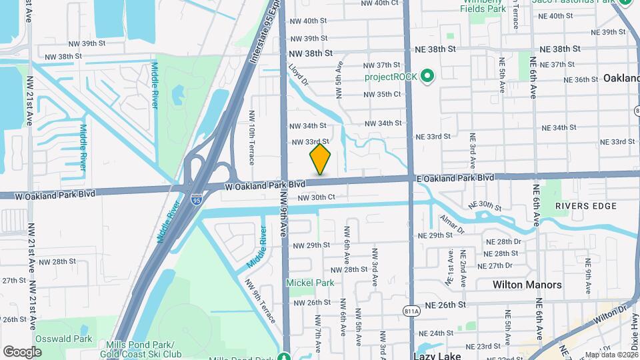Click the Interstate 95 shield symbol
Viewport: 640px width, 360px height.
pos(196,198)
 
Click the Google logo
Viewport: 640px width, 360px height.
pos(22,351)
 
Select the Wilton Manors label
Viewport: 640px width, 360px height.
pos(527,285)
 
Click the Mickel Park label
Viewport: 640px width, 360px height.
pos(310,283)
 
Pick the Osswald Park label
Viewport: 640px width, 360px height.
pos(65,339)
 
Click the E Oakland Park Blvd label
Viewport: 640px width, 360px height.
pos(455,179)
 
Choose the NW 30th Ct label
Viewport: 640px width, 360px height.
pos(316,197)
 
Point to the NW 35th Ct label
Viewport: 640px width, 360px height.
pos(382,94)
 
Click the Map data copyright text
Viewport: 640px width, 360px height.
pos(611,355)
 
